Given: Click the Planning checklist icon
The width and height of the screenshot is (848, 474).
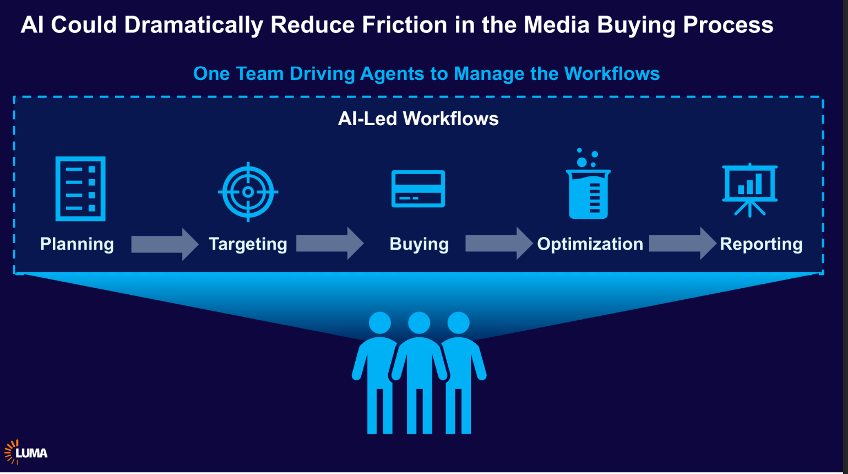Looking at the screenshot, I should tap(80, 188).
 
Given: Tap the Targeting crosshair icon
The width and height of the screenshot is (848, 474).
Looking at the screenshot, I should tap(248, 192).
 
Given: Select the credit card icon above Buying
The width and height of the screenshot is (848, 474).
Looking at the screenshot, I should tap(418, 188).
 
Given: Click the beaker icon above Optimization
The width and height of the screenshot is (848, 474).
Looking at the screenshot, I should tap(589, 187).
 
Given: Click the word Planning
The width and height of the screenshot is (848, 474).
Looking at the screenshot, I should tap(77, 244).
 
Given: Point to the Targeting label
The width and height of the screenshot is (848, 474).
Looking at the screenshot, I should tap(248, 244).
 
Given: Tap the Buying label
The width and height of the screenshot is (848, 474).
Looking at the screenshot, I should tap(419, 244).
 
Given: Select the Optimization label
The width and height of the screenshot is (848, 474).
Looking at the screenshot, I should tap(590, 244).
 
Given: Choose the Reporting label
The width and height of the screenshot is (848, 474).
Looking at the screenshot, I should tap(761, 244).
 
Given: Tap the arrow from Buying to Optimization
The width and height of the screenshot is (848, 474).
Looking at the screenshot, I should tap(499, 243).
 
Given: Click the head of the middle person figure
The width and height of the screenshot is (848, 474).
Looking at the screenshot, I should tap(419, 323).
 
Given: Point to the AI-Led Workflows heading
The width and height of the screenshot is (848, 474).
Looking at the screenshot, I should tap(418, 118).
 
